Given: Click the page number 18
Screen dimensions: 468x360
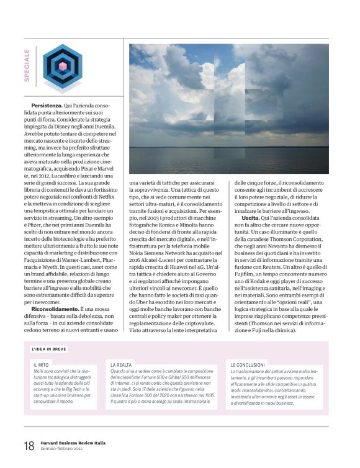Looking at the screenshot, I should click(x=29, y=446).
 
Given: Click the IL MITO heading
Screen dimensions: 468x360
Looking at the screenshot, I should click(x=42, y=364).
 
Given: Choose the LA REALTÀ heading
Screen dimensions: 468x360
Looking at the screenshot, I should click(x=122, y=364).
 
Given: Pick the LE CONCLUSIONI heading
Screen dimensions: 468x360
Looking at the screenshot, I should click(x=248, y=364).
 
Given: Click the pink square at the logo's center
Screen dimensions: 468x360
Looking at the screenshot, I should click(x=62, y=65).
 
